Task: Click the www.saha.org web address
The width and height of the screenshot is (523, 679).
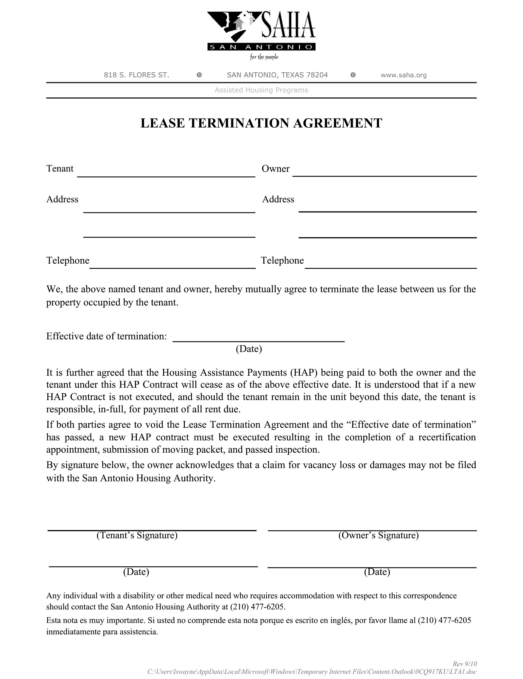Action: pos(403,75)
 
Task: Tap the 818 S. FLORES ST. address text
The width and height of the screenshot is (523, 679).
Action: pos(136,75)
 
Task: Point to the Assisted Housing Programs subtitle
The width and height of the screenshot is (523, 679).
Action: pos(261,90)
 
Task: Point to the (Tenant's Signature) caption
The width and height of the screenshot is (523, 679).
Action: pos(137,535)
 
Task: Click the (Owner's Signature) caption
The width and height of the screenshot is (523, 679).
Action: pos(378,535)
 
